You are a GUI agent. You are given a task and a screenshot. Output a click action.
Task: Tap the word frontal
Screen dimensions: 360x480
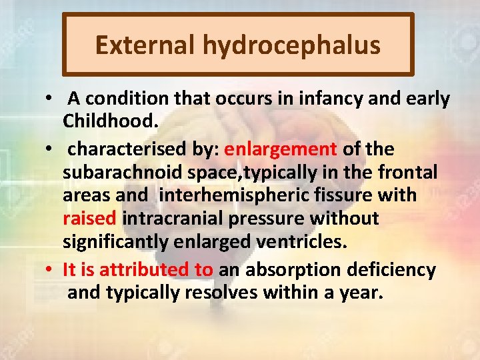point(407,173)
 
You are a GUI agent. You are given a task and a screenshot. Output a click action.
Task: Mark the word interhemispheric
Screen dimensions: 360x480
point(217,195)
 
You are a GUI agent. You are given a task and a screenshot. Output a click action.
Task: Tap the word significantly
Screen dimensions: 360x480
point(117,241)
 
